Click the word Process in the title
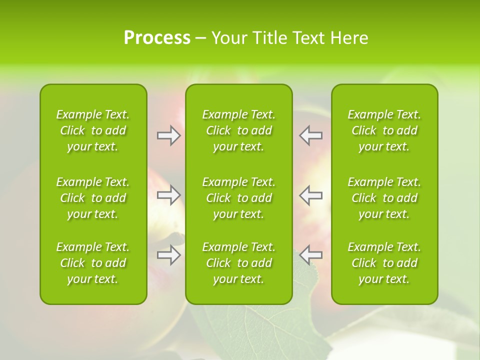[x=157, y=38]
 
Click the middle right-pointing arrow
[x=168, y=195]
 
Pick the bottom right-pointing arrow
[x=168, y=255]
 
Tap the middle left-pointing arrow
[x=311, y=195]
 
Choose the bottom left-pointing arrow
[x=311, y=255]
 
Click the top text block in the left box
[x=93, y=130]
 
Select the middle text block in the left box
[x=93, y=198]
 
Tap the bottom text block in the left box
[x=93, y=263]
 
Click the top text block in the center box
[x=238, y=130]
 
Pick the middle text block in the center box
[x=238, y=198]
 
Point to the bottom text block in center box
[x=238, y=263]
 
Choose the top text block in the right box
[x=384, y=130]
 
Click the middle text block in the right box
[x=384, y=198]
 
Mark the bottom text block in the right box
[x=384, y=263]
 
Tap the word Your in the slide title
[x=228, y=38]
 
